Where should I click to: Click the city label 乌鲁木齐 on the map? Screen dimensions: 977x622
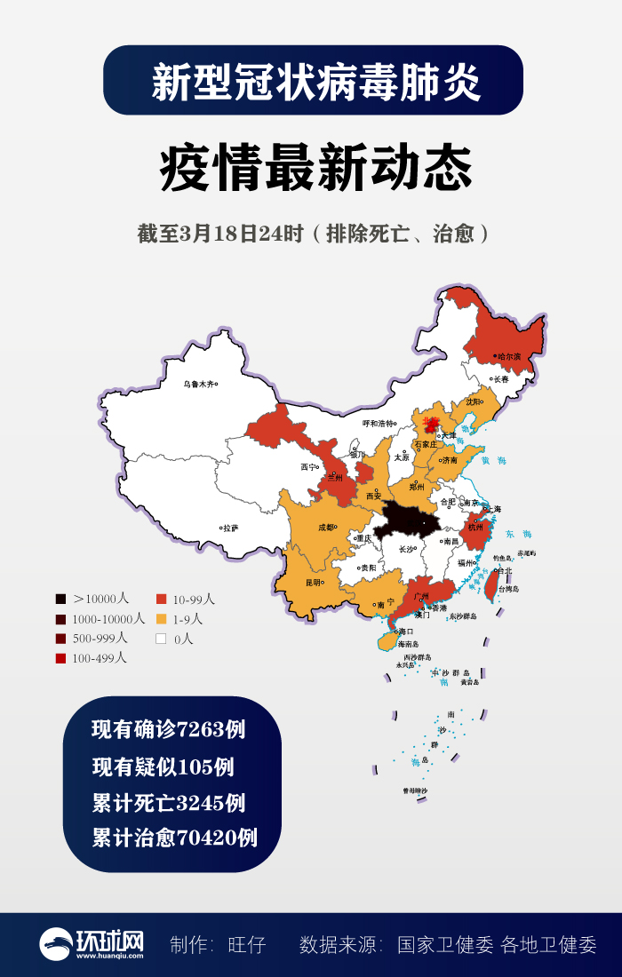(x=198, y=384)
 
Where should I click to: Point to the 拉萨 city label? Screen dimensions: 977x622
(x=230, y=528)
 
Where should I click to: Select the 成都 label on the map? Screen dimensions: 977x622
(x=326, y=527)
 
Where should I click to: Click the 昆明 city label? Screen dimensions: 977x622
(x=314, y=583)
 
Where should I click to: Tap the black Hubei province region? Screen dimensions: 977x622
(x=406, y=520)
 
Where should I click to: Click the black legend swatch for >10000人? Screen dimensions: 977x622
(x=60, y=600)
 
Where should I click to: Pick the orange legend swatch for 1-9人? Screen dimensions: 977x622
(x=162, y=619)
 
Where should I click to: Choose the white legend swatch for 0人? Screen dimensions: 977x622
(x=162, y=639)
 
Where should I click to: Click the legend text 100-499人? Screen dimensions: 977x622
(x=100, y=658)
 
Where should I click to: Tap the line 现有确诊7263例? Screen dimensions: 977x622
(x=168, y=730)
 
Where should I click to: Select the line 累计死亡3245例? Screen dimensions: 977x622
(x=168, y=803)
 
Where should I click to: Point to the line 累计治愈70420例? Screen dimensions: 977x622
(x=174, y=837)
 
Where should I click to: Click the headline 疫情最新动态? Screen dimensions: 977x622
(x=315, y=168)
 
